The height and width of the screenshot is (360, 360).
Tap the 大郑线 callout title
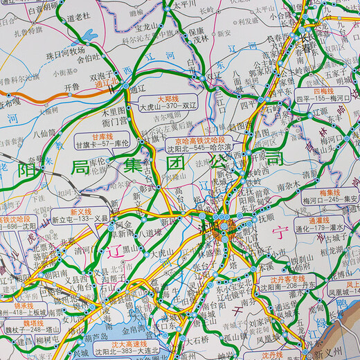(x=165, y=100)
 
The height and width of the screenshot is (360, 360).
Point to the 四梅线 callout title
(x=323, y=91)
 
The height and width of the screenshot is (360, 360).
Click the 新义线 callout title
(x=81, y=212)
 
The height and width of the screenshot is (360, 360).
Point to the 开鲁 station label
(x=72, y=87)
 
